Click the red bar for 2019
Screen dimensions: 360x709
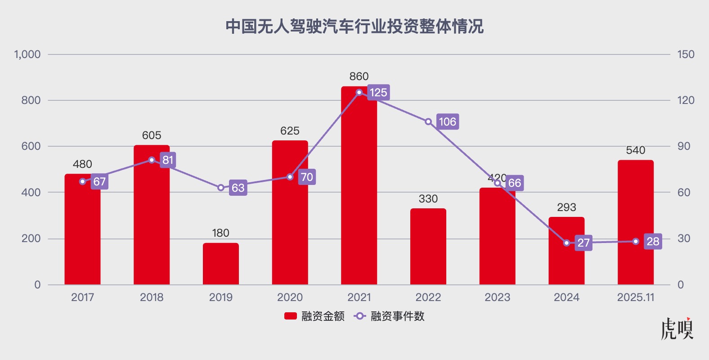(220, 264)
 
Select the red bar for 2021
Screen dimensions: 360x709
(359, 189)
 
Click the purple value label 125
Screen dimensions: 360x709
(378, 93)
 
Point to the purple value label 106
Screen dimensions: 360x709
(448, 121)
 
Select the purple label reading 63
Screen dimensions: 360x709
(238, 188)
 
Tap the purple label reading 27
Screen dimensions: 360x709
(583, 243)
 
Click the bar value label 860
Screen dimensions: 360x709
(359, 76)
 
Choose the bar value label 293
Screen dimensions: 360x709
(566, 207)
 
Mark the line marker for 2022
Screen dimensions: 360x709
(428, 121)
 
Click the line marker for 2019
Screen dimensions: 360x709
(221, 188)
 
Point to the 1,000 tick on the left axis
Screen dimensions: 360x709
(27, 54)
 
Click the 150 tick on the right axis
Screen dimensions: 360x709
(686, 54)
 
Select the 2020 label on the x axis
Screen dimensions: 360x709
(290, 297)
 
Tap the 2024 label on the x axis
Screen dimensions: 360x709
(566, 297)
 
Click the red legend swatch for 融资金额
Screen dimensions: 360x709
(291, 316)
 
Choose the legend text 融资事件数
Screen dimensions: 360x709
(398, 316)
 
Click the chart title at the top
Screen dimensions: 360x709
(354, 27)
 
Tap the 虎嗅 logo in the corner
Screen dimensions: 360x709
(677, 329)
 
